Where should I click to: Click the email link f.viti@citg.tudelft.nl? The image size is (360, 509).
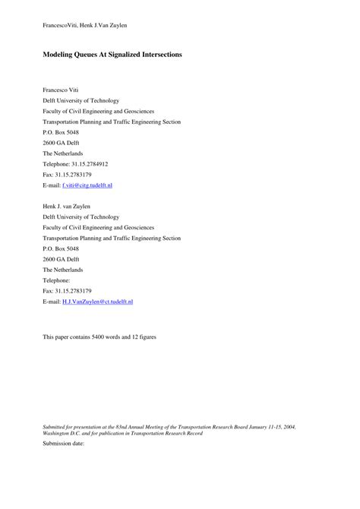click(87, 185)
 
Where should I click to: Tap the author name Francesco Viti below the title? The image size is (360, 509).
click(62, 90)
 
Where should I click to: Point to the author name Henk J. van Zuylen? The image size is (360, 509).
click(66, 206)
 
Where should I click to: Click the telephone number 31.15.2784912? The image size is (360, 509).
click(90, 163)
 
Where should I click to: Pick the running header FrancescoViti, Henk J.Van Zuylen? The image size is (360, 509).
click(84, 25)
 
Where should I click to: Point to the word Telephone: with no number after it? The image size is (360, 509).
click(58, 280)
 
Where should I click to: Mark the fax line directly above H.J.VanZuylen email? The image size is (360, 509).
click(67, 291)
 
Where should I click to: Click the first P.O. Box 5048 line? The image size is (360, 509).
click(61, 131)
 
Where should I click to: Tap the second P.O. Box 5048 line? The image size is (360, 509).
click(61, 248)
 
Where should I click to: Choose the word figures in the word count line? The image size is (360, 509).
click(148, 337)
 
